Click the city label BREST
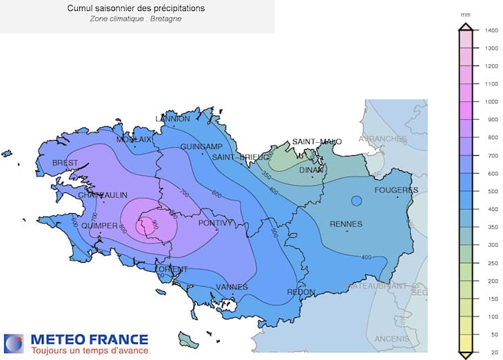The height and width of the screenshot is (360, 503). click(x=65, y=163)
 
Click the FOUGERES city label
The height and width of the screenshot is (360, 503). click(x=396, y=190)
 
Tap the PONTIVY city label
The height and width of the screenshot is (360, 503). click(x=216, y=223)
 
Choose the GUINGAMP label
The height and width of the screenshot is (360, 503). click(x=201, y=147)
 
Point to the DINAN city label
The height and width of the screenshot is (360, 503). click(x=312, y=170)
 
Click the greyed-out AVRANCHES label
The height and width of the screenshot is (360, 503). click(x=382, y=139)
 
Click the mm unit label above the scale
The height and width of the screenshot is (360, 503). click(x=465, y=13)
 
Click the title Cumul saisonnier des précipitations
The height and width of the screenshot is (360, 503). click(x=136, y=8)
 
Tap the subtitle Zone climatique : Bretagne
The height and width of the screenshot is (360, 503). click(x=136, y=19)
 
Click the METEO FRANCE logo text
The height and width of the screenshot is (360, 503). click(x=89, y=339)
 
